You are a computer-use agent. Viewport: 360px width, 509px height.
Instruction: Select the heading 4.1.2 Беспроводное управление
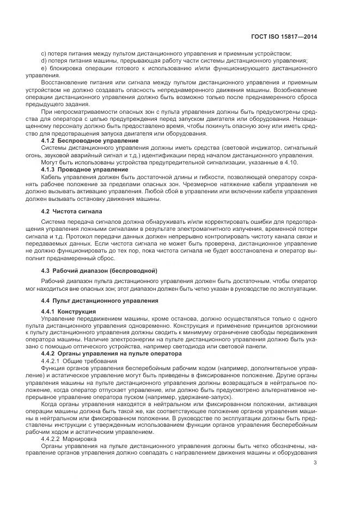[x=90, y=141]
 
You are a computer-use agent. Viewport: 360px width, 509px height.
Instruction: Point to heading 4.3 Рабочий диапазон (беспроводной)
[x=99, y=271]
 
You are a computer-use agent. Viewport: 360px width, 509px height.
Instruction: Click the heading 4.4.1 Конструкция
[x=69, y=311]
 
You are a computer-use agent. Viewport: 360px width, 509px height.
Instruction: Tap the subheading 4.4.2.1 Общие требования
[x=78, y=361]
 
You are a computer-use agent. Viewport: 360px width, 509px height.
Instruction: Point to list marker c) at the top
[x=44, y=53]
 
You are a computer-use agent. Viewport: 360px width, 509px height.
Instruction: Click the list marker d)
[x=44, y=60]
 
